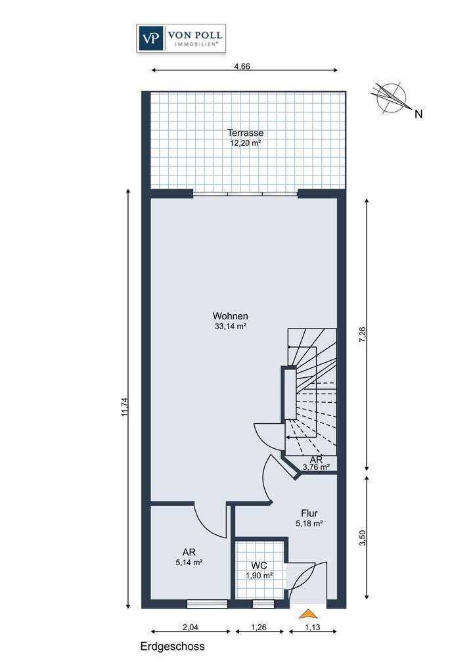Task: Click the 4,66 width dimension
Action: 244,66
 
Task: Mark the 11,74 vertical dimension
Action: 125,398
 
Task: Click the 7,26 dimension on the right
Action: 371,333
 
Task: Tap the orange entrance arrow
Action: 307,614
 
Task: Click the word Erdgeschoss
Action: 172,647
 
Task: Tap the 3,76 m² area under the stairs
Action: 315,467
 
